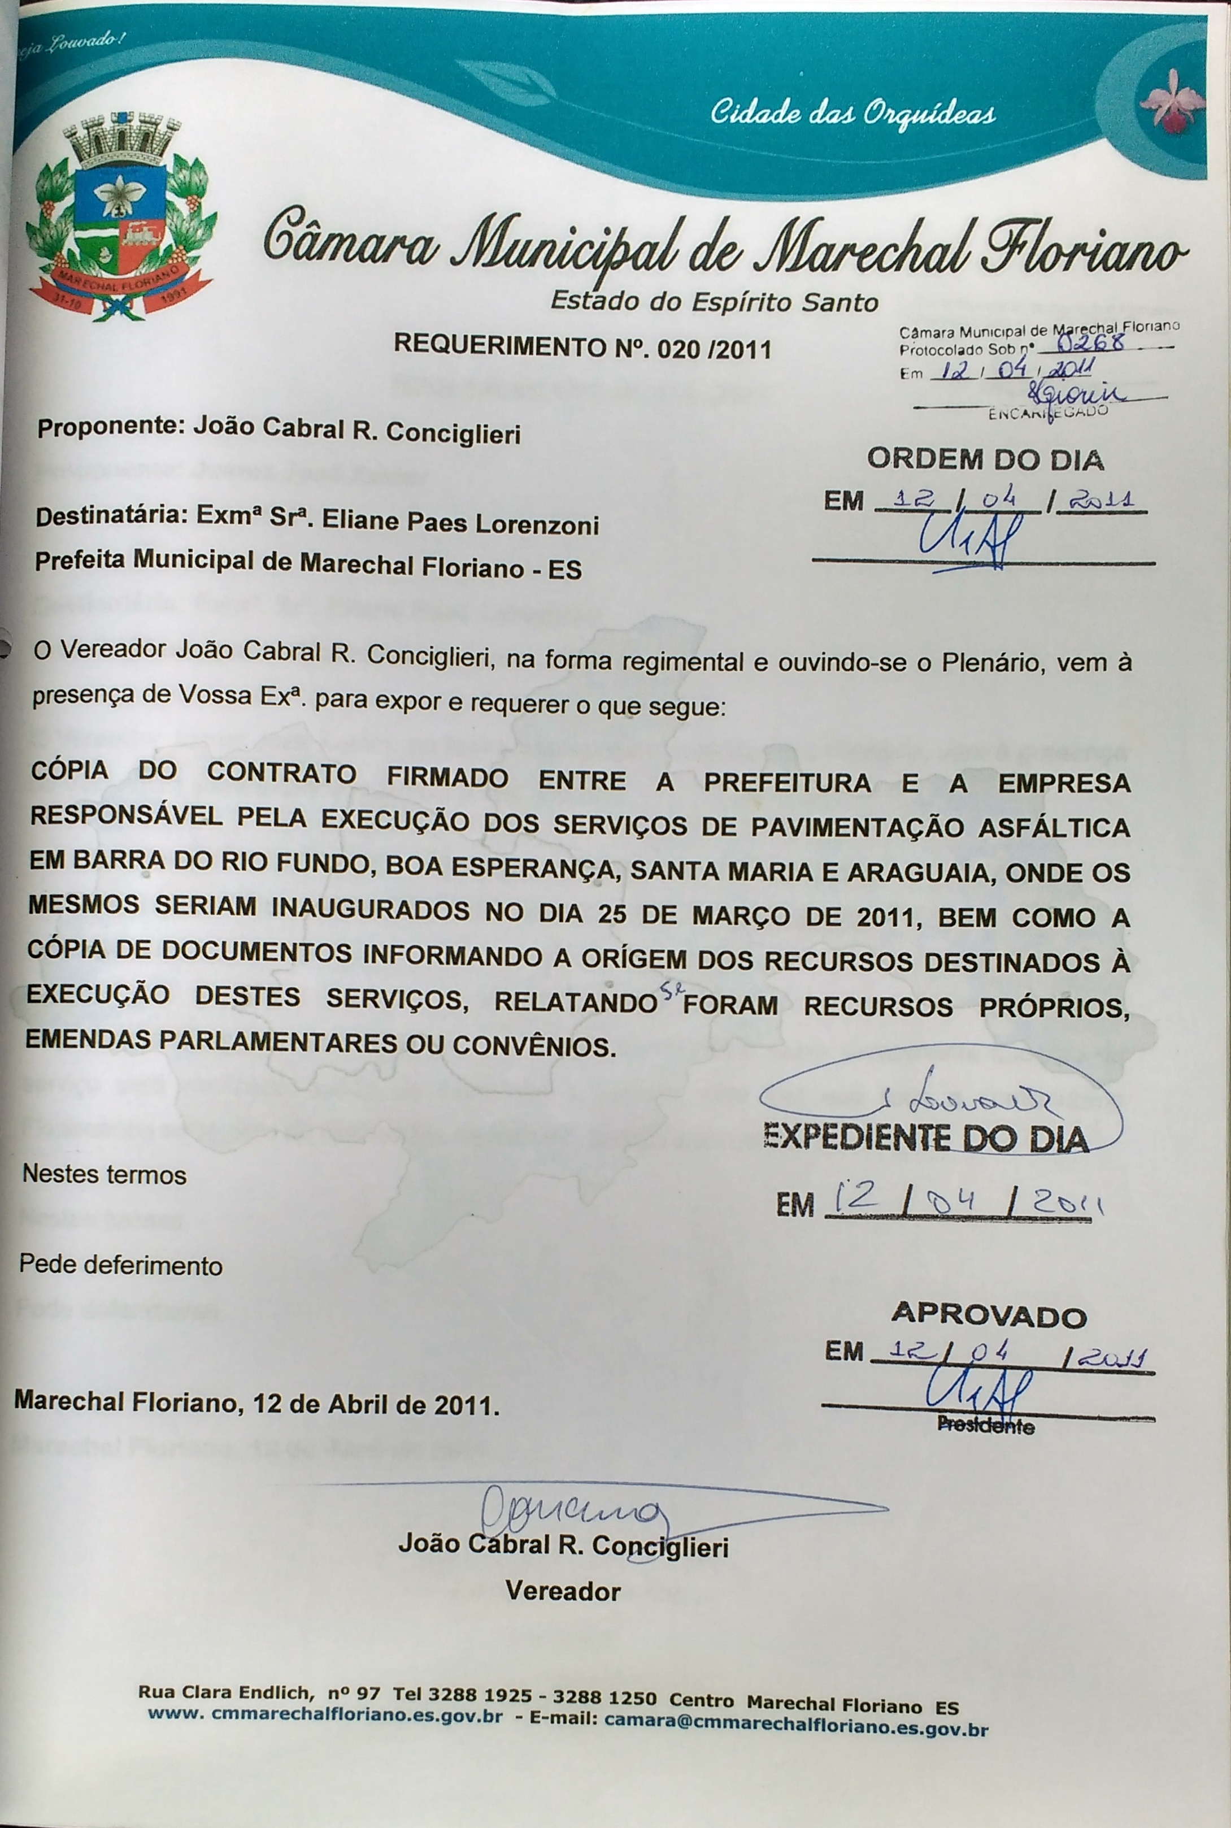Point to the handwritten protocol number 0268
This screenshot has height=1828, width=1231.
[1093, 341]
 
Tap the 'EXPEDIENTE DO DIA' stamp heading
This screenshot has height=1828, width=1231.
[926, 1138]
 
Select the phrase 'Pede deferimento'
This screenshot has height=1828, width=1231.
[121, 1266]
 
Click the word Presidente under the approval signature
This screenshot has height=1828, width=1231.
[985, 1427]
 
